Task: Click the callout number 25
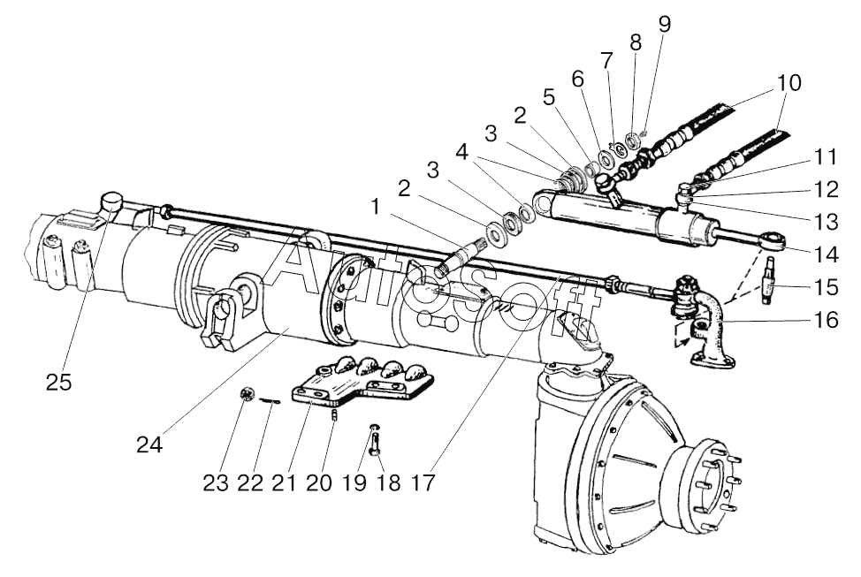pos(60,382)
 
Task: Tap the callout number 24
pos(149,444)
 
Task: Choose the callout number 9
pos(663,24)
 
